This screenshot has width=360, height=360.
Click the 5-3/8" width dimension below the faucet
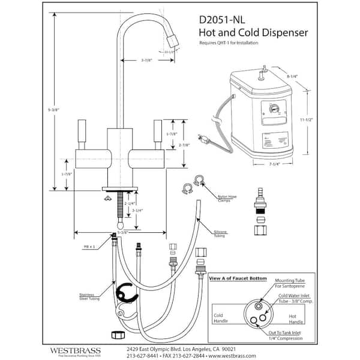(124, 232)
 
